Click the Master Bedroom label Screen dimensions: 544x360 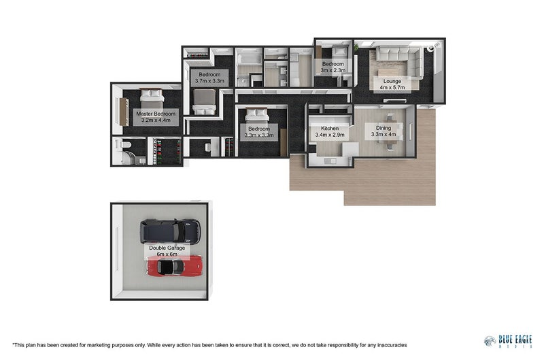[x=156, y=117]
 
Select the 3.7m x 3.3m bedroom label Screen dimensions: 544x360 [x=209, y=78]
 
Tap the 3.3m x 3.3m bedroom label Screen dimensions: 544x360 [x=259, y=132]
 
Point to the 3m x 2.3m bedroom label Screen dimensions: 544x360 [x=333, y=67]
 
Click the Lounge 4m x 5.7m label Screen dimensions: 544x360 [x=392, y=84]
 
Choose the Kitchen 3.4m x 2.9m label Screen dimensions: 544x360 [x=330, y=131]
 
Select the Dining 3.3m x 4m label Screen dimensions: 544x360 [x=384, y=131]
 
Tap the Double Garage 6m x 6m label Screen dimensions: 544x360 [x=167, y=251]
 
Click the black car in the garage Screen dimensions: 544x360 [x=171, y=231]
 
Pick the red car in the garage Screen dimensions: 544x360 [x=175, y=266]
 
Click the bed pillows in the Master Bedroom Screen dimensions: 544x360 [x=151, y=93]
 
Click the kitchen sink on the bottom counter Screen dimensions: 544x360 [x=330, y=161]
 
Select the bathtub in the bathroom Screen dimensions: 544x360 [x=249, y=59]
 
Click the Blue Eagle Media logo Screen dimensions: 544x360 [x=508, y=340]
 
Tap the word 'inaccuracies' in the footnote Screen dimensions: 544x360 [x=392, y=345]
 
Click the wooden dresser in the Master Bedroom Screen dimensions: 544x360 [x=124, y=112]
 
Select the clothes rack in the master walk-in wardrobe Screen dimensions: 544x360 [x=168, y=151]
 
